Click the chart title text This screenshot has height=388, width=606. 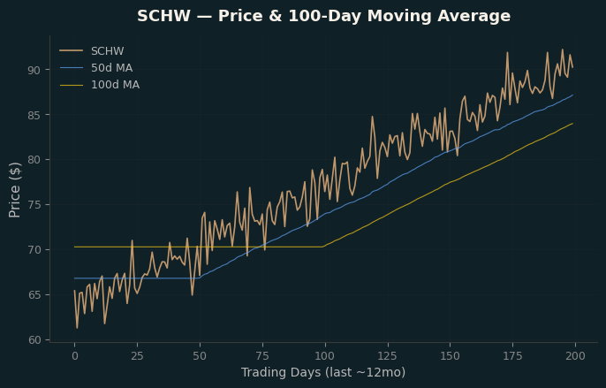click(x=324, y=16)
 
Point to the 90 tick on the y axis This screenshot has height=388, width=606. click(x=34, y=70)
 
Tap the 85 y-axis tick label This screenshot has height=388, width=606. click(x=34, y=115)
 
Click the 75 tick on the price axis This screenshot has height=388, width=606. click(x=34, y=205)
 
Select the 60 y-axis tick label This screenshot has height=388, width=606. click(x=34, y=340)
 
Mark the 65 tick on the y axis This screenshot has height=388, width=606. click(x=34, y=295)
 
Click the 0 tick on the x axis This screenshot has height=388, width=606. click(x=74, y=356)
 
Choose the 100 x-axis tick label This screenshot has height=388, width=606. click(x=325, y=356)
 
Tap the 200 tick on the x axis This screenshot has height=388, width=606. click(x=575, y=356)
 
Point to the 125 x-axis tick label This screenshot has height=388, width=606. click(x=388, y=356)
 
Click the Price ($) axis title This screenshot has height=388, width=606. click(x=15, y=190)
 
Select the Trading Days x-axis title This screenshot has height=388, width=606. click(x=323, y=372)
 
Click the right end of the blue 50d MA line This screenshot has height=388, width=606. click(x=572, y=95)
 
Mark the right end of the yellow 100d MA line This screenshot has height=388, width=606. click(x=572, y=124)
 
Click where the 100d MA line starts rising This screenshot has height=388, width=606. click(x=322, y=247)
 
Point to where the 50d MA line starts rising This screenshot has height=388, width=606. click(x=200, y=278)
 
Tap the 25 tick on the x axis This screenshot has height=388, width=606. click(x=137, y=356)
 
